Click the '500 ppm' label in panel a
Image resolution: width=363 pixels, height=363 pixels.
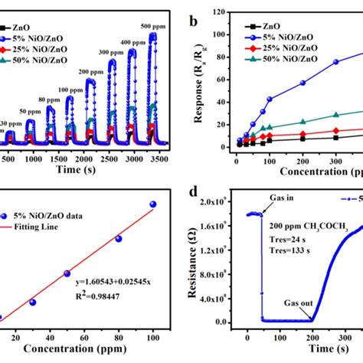point(152,26)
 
